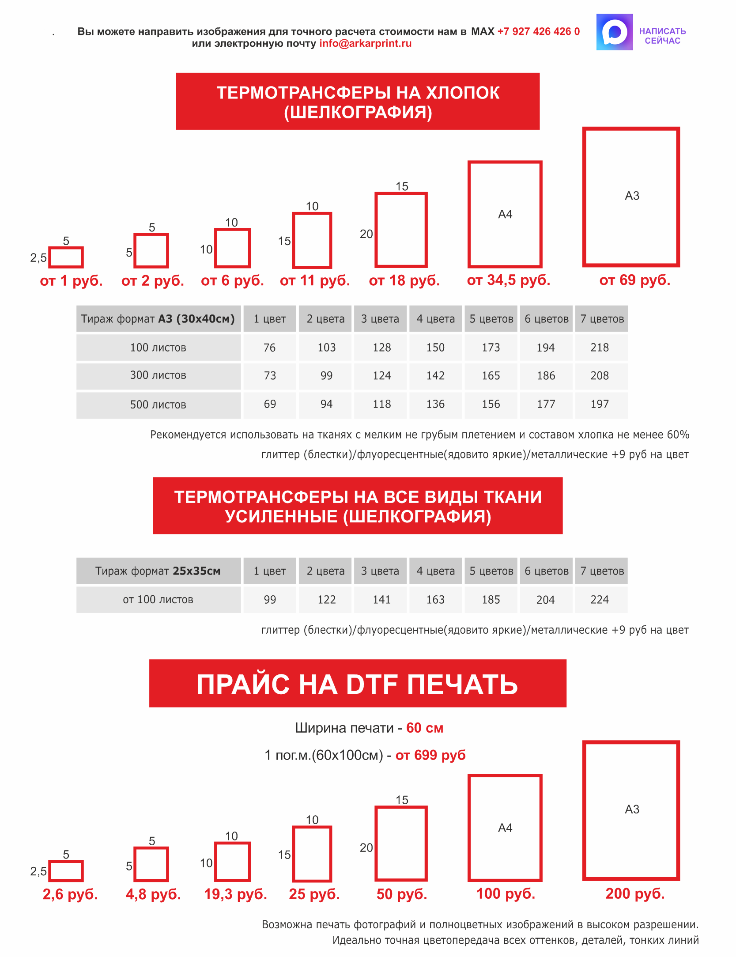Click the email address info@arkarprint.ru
[365, 43]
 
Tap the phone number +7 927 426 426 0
[538, 31]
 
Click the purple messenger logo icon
[614, 32]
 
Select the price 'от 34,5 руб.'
[508, 280]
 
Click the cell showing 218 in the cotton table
[599, 348]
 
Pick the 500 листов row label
[158, 405]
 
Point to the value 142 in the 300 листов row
[435, 376]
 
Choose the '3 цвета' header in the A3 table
[380, 319]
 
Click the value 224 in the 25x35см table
[599, 600]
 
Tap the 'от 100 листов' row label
[158, 600]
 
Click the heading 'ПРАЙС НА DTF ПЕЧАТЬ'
[357, 684]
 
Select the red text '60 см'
[424, 728]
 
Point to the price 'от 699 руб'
[430, 755]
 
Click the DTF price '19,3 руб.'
[235, 894]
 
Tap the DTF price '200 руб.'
[634, 894]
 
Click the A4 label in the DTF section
[505, 828]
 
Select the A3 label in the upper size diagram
[632, 196]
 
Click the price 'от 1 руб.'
[71, 280]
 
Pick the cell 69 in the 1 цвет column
[270, 404]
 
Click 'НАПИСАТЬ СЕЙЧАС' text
[662, 36]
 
